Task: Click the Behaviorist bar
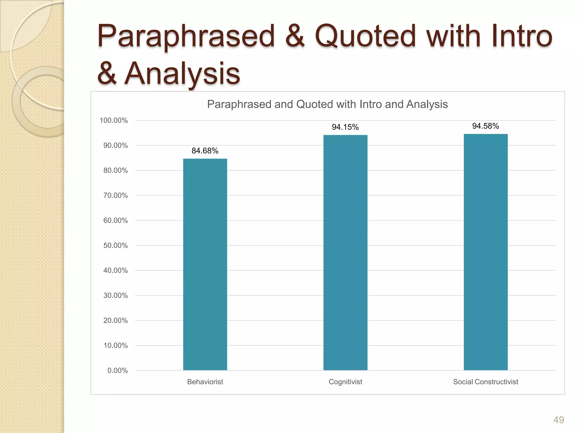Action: (205, 264)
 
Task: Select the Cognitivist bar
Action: (345, 252)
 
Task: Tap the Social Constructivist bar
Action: (485, 252)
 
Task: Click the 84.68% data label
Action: (205, 151)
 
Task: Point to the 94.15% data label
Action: (345, 127)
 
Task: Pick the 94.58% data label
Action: (485, 126)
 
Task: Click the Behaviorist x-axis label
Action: (205, 382)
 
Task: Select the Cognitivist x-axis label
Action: (345, 382)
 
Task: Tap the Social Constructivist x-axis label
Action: (485, 382)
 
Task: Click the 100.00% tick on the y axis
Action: (114, 120)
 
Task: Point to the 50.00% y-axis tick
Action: (115, 245)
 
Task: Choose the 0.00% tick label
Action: (117, 370)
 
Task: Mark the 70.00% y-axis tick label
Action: (115, 195)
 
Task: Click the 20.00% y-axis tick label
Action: (115, 320)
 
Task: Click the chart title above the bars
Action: (327, 104)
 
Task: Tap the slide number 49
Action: (559, 420)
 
